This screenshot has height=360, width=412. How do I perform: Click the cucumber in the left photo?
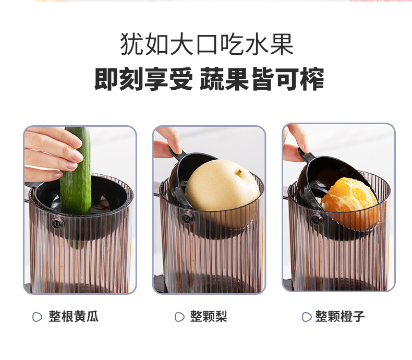click(76, 177)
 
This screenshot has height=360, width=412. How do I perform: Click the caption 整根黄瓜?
click(74, 317)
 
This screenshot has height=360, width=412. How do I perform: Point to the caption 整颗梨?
click(209, 317)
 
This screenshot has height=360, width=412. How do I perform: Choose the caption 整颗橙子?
click(340, 317)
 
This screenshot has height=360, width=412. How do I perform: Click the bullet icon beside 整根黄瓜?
click(37, 317)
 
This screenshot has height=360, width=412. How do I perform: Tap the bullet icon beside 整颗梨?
click(179, 317)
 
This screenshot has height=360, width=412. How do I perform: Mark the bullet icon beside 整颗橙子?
click(307, 317)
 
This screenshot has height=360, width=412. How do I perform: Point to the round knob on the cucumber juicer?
click(57, 223)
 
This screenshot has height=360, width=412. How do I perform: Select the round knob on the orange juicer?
click(316, 219)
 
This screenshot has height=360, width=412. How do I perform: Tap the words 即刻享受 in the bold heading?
click(143, 80)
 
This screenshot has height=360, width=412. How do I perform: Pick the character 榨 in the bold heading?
click(312, 80)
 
